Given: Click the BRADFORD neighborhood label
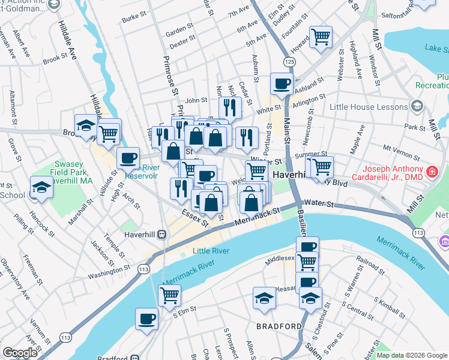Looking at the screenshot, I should (279, 326).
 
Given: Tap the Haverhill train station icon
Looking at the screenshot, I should (161, 235).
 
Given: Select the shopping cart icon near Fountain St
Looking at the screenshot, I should (321, 37).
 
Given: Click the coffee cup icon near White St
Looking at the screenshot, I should (281, 84).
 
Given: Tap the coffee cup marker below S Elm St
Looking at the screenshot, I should (146, 319).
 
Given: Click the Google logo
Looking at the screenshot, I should (20, 353).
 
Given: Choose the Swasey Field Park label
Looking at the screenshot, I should (72, 169).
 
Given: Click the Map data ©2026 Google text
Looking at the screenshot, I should (411, 355).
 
